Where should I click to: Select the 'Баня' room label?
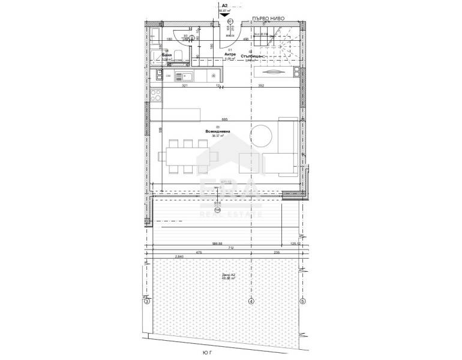coord(167,55)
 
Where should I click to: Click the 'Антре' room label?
coord(230,54)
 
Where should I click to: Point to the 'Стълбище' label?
coord(251,55)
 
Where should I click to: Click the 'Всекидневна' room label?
coord(217,131)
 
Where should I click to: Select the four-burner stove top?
coord(155,96)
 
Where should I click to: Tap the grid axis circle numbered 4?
coord(251,301)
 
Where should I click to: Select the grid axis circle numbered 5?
coord(302,301)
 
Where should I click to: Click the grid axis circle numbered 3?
coord(146,301)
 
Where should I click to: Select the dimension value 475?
coord(199,253)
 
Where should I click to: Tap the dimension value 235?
coord(277,253)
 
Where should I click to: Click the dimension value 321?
coord(185,86)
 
